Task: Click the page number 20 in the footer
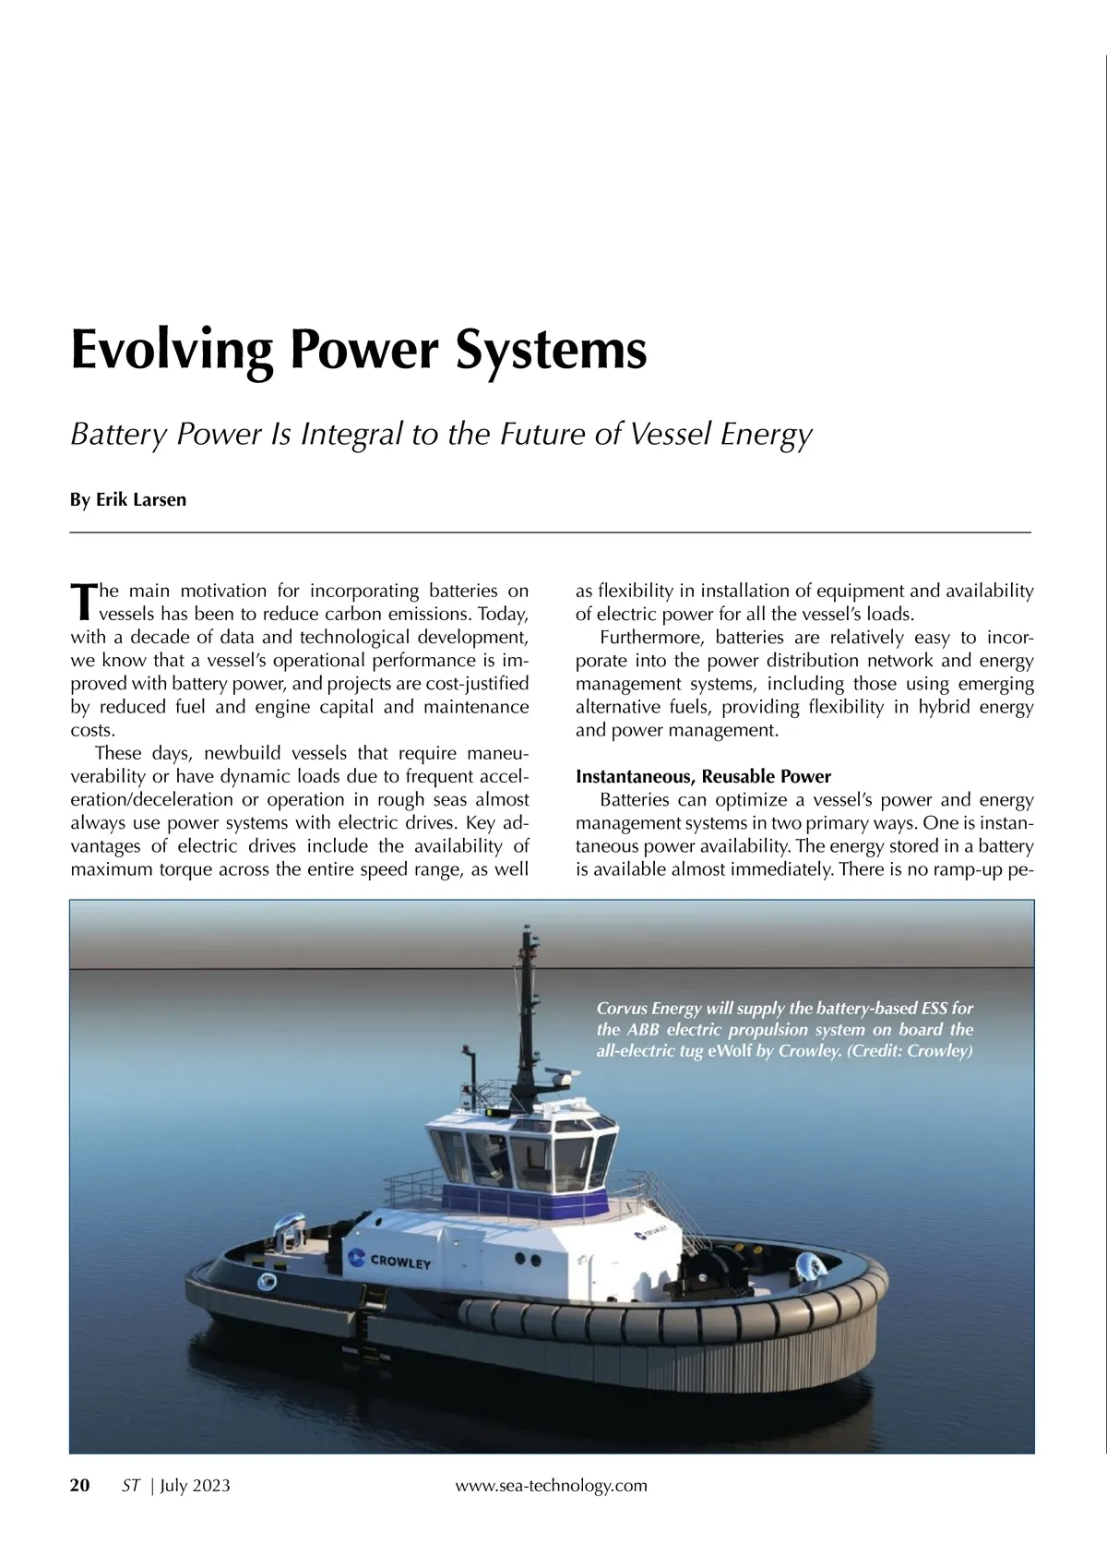point(80,1485)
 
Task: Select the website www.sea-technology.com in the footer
point(552,1485)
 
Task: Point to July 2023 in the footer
point(195,1485)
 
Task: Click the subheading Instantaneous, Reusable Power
point(703,776)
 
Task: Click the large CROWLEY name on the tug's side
point(400,1262)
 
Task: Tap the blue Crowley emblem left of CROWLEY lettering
point(353,1257)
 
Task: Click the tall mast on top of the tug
point(527,1006)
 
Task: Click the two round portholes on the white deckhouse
point(524,1258)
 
